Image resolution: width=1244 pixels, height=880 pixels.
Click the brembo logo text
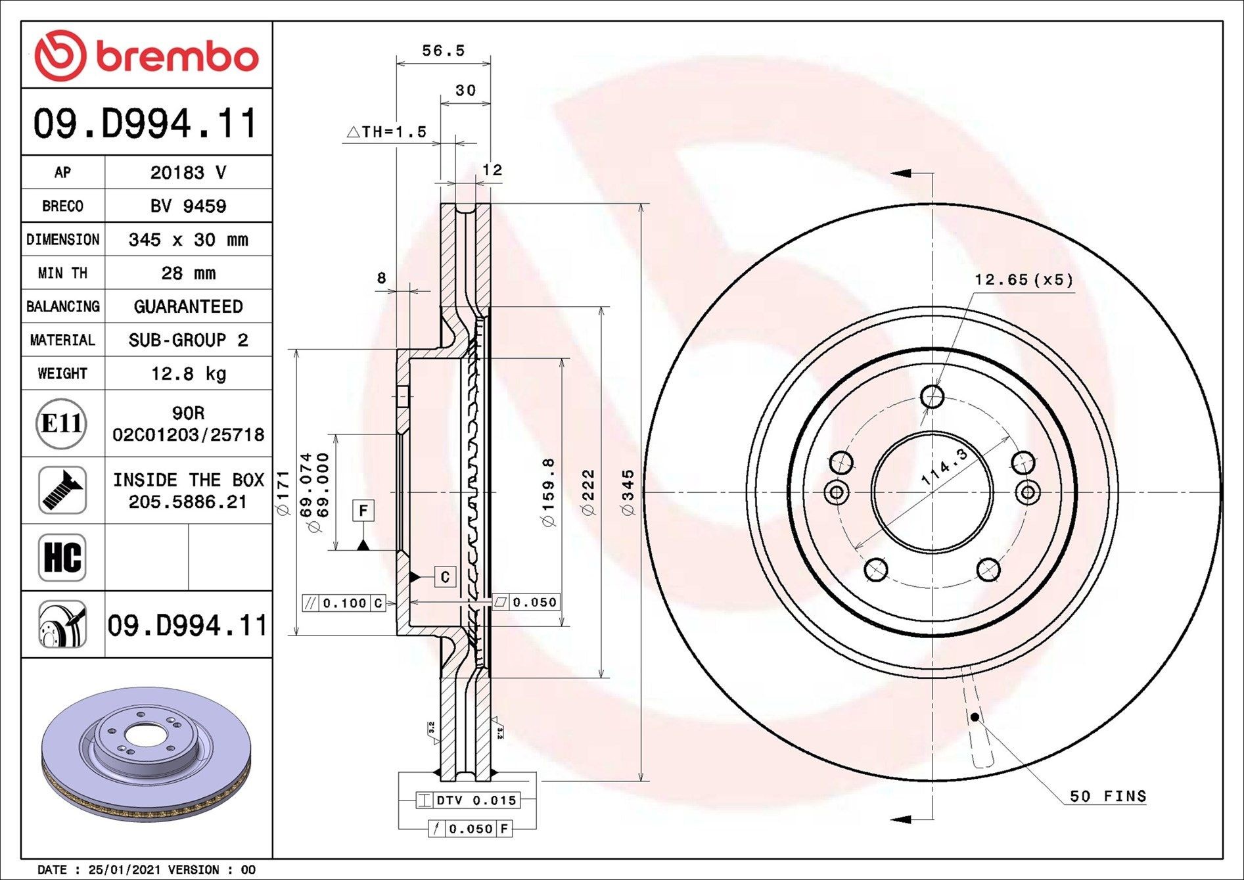(177, 57)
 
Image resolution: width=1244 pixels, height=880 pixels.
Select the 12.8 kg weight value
(188, 374)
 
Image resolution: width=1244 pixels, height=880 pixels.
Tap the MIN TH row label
(62, 273)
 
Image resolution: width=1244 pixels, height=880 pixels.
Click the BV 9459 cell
(188, 206)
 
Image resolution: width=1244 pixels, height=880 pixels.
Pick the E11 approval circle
(61, 424)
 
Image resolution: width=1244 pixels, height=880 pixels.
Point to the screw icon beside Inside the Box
(62, 491)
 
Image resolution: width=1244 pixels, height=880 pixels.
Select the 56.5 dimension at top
(443, 51)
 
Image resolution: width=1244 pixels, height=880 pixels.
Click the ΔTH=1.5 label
(386, 132)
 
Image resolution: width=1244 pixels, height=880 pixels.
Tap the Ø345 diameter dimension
(628, 493)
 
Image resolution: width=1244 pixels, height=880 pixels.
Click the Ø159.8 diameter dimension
(549, 493)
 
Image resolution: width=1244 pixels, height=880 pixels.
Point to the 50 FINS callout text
(1107, 797)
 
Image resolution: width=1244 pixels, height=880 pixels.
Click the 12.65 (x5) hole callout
(1023, 280)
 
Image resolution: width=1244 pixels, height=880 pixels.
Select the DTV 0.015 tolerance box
(469, 800)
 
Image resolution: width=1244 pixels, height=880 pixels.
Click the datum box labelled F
(363, 511)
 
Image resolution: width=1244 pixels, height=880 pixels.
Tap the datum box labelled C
(445, 577)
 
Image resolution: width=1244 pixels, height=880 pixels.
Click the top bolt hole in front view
(932, 397)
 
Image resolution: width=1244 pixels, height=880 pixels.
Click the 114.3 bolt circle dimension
(944, 467)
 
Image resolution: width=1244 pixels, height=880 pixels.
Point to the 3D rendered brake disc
(145, 754)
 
